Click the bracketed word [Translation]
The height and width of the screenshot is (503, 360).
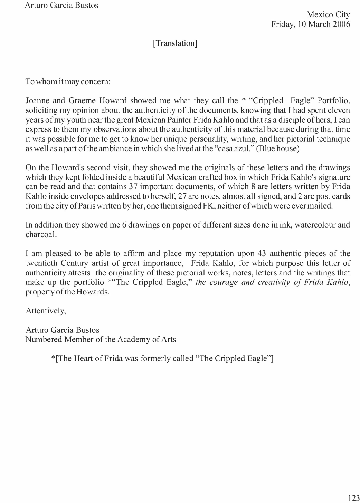pyautogui.click(x=175, y=43)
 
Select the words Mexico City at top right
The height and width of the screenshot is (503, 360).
pyautogui.click(x=328, y=14)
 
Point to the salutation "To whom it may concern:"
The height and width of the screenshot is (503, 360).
pyautogui.click(x=68, y=82)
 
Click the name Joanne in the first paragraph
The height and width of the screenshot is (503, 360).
pyautogui.click(x=38, y=101)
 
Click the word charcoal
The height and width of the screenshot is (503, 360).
pyautogui.click(x=41, y=234)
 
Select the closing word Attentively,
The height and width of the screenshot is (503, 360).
pyautogui.click(x=46, y=311)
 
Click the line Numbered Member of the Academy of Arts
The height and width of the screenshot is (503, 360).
pyautogui.click(x=101, y=339)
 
